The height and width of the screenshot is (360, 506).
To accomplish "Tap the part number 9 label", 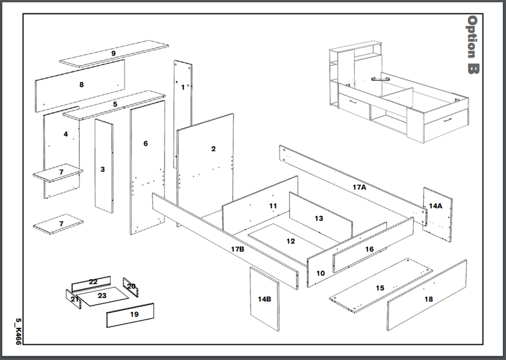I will point(113,54).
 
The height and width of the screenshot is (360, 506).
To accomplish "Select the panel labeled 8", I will point(81,84).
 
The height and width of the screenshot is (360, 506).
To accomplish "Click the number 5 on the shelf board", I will point(115,104).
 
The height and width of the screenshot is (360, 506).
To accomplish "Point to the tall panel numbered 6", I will point(145,144).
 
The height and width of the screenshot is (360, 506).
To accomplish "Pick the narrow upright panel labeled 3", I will point(102,170).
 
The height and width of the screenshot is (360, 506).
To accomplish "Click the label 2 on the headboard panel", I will point(213,149).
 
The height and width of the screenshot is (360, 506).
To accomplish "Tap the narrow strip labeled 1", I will point(183,87).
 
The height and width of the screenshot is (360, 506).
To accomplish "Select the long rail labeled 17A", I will point(359,187).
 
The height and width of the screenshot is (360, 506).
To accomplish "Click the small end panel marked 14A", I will point(436,206).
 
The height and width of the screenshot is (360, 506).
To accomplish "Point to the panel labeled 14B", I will point(264,299).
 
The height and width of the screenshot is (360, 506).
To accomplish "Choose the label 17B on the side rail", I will point(237,249).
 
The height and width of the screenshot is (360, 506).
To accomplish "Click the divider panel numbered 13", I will point(319,218).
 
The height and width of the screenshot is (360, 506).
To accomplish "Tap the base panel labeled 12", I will point(290,241).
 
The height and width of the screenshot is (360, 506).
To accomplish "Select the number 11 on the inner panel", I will point(273,206).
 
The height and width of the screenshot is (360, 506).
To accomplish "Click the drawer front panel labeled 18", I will point(428,299).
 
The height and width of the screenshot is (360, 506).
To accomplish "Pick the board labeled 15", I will point(379,289).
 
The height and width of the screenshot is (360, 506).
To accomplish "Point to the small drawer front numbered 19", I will point(133,314).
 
